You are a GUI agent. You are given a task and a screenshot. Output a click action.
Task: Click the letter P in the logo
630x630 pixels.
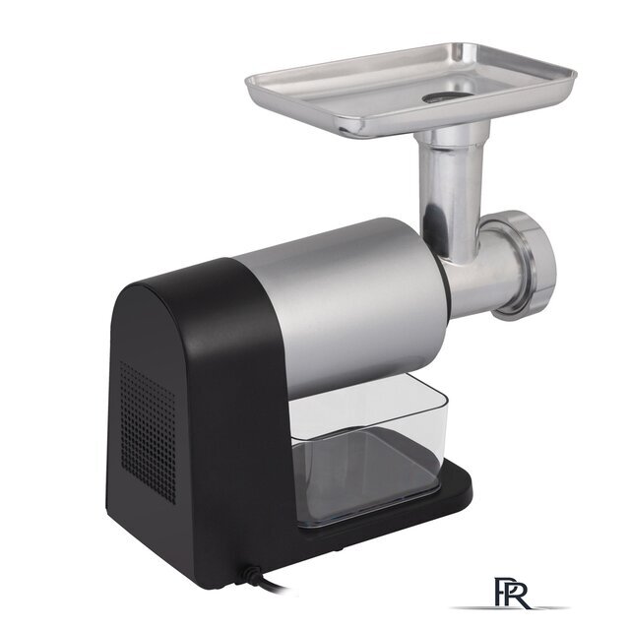click(x=502, y=593)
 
